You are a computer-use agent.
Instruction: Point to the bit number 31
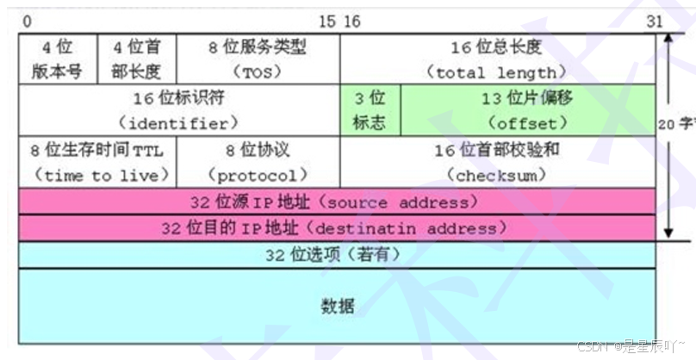(654, 21)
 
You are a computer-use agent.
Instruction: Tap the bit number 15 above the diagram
(327, 21)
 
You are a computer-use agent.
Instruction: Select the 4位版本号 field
(58, 59)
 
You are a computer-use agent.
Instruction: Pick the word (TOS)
(258, 71)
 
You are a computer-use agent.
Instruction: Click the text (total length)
(497, 71)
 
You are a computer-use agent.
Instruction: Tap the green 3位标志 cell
(370, 110)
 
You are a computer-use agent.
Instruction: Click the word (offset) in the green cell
(527, 122)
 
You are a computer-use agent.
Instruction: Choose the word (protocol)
(258, 175)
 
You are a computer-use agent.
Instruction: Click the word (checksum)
(497, 175)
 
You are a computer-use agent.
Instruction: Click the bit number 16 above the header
(351, 21)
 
